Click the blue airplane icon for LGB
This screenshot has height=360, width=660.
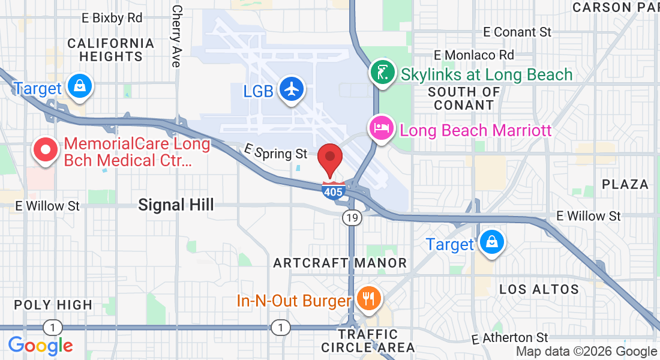292,89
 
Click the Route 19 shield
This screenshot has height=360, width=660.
352,218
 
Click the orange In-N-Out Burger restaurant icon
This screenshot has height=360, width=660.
367,297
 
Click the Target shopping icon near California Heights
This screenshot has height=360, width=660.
79,86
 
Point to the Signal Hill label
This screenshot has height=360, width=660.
176,205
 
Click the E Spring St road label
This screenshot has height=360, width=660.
275,152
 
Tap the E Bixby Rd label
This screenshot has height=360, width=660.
112,18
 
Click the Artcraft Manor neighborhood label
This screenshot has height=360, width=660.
340,263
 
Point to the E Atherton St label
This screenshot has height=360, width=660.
510,338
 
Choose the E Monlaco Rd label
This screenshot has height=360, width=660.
474,55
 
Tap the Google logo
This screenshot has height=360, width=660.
40,346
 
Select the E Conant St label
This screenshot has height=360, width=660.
517,32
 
